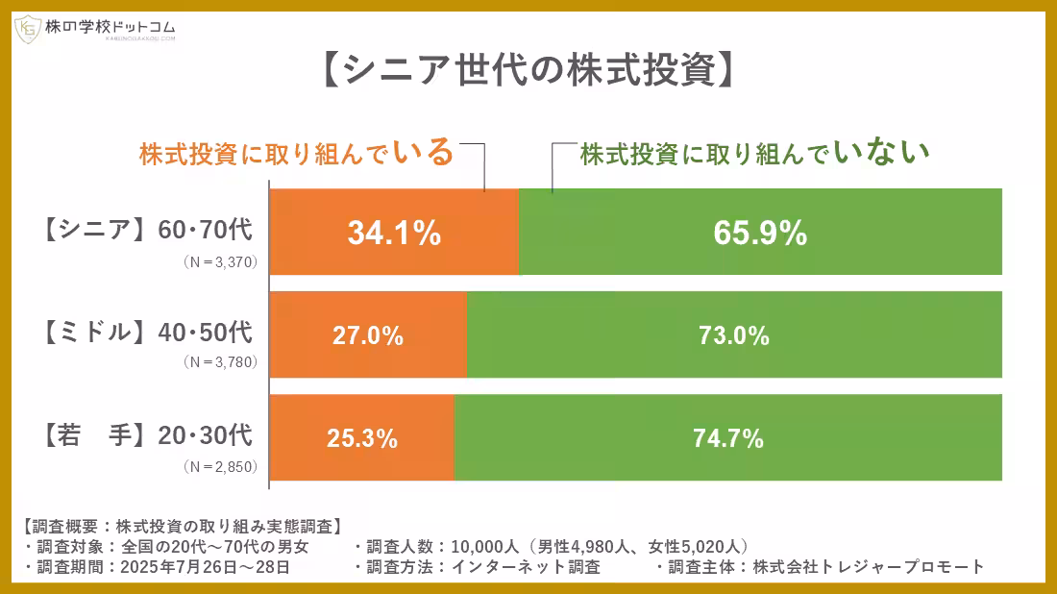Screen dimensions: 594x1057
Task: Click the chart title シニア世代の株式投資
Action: point(528,70)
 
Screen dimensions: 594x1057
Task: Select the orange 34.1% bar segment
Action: point(394,233)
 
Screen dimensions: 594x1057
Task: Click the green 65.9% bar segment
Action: point(760,233)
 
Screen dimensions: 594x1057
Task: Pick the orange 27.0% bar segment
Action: point(368,335)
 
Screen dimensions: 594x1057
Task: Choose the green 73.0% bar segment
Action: point(734,335)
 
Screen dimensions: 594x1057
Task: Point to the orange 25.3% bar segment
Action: point(361,438)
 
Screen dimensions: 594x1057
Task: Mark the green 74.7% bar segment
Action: point(727,438)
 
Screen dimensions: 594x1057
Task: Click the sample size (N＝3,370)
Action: point(222,261)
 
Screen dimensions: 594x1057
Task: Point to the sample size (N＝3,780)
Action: point(222,364)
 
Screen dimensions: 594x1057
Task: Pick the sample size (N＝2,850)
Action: point(222,467)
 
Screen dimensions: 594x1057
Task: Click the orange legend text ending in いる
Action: point(296,154)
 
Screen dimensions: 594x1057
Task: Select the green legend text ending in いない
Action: point(755,154)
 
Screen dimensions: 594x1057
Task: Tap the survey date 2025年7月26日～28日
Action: point(205,566)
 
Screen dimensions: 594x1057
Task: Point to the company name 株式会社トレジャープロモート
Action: point(870,566)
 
